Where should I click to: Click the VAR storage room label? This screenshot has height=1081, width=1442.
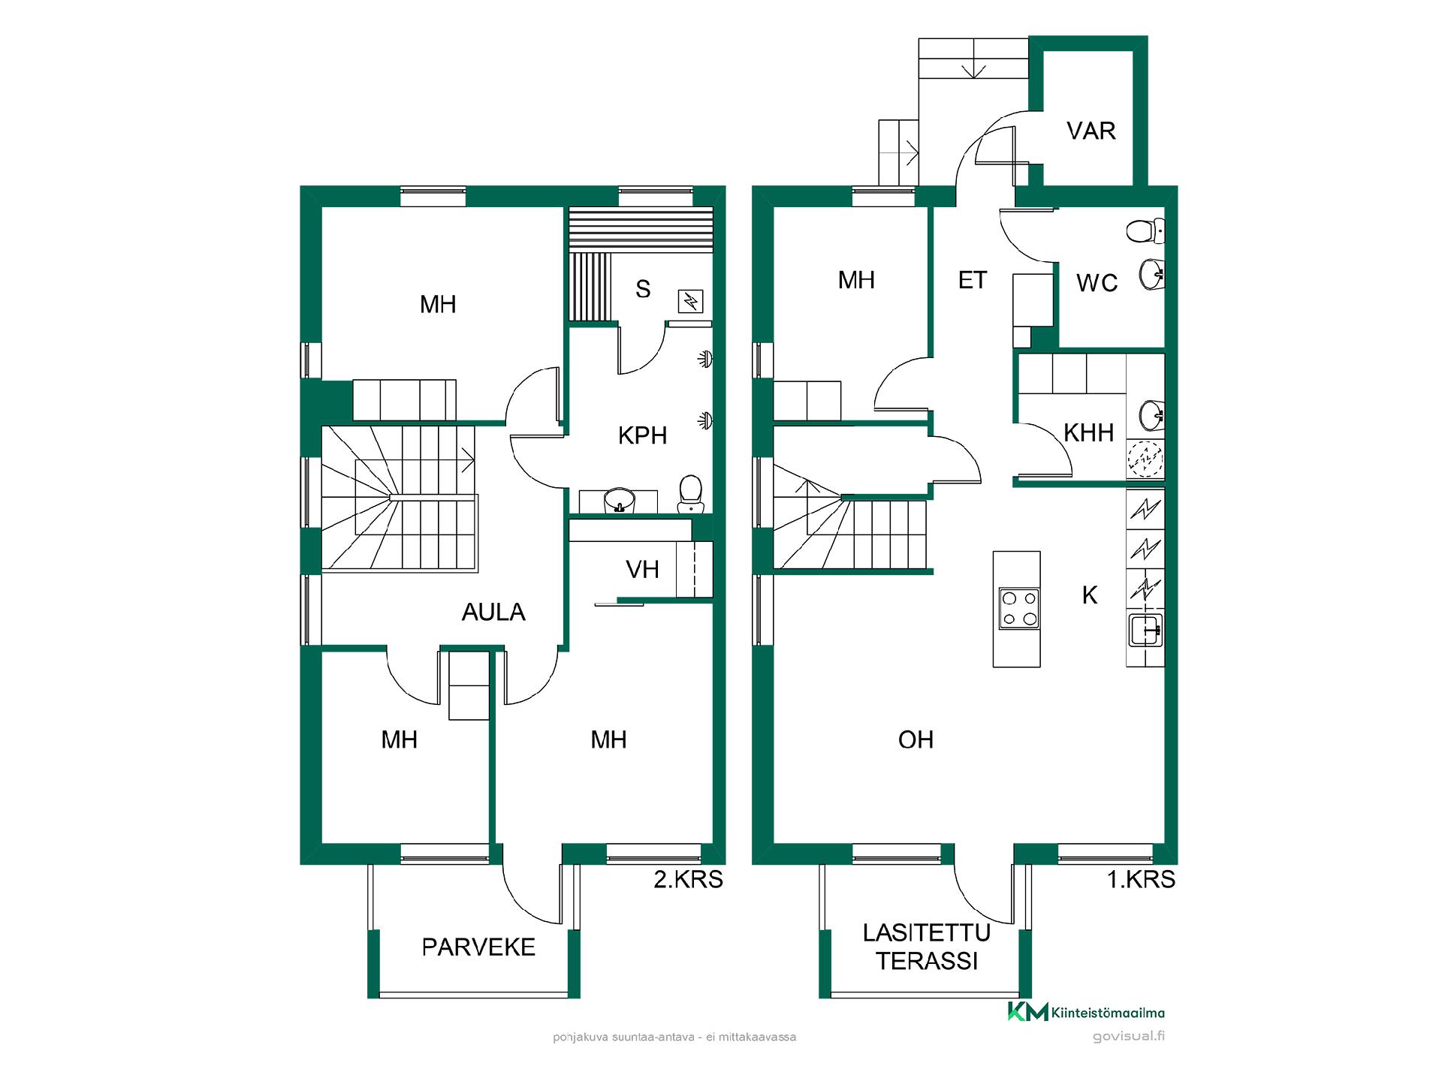[1091, 131]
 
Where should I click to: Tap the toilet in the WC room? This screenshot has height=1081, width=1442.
[1145, 230]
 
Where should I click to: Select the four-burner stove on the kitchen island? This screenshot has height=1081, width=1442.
[1019, 608]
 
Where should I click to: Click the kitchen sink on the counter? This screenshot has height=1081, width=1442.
[1145, 629]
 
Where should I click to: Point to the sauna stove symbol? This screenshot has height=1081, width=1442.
[690, 301]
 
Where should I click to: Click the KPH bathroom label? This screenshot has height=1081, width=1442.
[642, 435]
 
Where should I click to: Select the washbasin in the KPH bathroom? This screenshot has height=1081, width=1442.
[620, 500]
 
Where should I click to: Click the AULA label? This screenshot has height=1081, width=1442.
[493, 613]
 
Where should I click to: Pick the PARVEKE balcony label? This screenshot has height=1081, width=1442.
[478, 947]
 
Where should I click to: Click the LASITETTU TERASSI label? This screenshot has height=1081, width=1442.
[927, 947]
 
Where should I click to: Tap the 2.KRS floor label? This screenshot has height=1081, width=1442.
[688, 879]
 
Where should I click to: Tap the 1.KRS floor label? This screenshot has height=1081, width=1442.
[1141, 879]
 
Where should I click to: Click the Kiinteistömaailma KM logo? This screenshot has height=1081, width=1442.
[1086, 1012]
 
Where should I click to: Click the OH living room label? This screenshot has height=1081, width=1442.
[916, 740]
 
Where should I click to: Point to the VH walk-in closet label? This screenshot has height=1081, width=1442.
[642, 570]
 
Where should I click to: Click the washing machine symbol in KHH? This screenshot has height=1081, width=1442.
[1145, 458]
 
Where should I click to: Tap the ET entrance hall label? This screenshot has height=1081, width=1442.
[972, 280]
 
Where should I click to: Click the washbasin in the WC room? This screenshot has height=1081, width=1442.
[1151, 274]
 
